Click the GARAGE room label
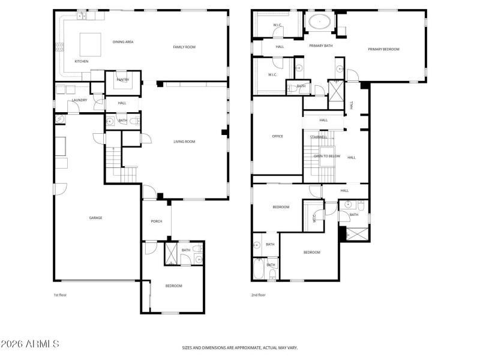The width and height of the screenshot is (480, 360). (96, 218)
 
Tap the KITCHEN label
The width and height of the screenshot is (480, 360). (82, 61)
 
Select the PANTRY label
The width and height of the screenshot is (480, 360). (122, 80)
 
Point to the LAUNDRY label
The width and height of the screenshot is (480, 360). (80, 100)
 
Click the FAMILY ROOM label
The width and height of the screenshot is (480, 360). (184, 47)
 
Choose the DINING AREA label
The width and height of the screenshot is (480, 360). (123, 41)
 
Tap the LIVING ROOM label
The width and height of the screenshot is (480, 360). (184, 142)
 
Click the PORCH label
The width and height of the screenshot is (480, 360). (157, 221)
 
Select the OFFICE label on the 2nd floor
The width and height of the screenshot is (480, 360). (277, 136)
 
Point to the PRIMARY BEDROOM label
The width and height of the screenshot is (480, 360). (383, 49)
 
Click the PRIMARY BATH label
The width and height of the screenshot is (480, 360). (321, 46)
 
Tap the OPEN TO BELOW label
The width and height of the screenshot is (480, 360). (327, 156)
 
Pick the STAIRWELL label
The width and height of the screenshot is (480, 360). (319, 137)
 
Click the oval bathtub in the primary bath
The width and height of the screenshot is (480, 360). (319, 23)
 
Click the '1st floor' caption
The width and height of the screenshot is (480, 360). (61, 295)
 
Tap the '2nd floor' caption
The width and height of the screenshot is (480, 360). (259, 295)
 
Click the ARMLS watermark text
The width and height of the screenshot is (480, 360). (30, 344)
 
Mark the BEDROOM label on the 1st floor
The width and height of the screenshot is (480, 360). (174, 286)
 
